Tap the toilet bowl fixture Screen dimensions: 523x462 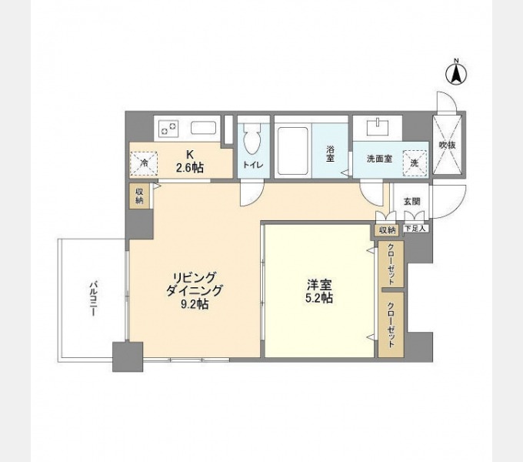coord(252,138)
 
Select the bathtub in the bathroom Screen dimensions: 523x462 coord(293,151)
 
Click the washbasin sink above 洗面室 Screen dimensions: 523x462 coord(378,127)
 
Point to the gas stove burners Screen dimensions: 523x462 coord(168,129)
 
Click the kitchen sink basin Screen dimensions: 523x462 coord(204,128)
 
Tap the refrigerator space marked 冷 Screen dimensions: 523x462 coord(144,163)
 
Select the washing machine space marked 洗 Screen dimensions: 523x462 coord(415,163)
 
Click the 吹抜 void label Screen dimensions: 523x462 coord(448,146)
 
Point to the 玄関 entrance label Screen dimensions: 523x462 coord(412,201)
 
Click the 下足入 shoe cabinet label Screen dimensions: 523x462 coord(415,229)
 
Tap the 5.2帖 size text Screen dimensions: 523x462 coord(319,298)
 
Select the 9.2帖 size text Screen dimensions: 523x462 coord(195,304)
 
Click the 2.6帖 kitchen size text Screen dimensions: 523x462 coord(190,168)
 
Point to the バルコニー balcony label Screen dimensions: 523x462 coord(93,299)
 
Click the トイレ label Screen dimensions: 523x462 coord(253,164)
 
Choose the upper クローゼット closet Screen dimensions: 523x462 coord(391,263)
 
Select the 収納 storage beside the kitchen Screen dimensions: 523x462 coord(139,196)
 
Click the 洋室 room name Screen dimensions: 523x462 coord(319,285)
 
